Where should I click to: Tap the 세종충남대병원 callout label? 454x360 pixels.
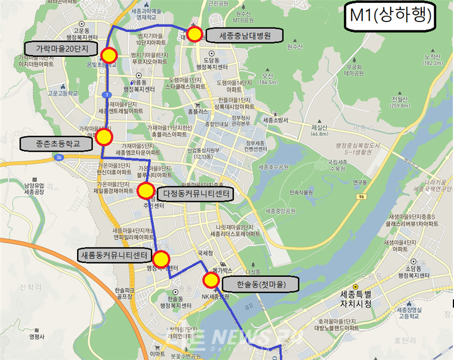coord(243,36)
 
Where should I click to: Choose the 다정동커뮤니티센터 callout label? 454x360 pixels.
coord(195,194)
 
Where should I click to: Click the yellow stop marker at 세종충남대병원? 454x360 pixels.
coord(194,34)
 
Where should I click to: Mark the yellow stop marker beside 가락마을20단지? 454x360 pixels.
coord(109,55)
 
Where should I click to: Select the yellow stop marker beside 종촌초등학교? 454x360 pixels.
coord(104,137)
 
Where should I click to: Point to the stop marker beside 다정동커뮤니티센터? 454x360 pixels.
coord(146,191)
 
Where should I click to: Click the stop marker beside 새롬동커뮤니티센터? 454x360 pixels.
coord(161,259)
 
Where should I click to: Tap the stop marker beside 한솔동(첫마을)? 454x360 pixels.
coord(211,280)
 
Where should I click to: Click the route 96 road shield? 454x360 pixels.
coord(361,196)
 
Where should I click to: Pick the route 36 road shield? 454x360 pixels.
coord(58,157)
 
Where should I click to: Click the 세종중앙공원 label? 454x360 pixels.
coord(281,211)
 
